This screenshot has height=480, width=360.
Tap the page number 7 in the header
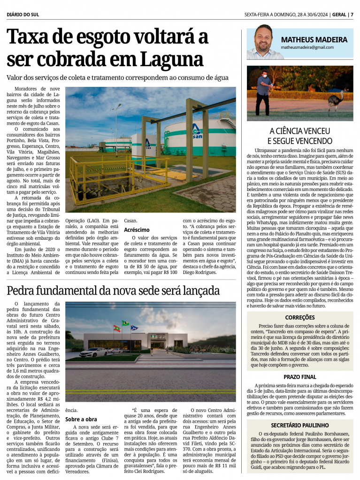pyautogui.click(x=352, y=14)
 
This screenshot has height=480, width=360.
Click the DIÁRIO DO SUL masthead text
pyautogui.click(x=23, y=14)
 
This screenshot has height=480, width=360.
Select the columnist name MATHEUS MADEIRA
pyautogui.click(x=314, y=40)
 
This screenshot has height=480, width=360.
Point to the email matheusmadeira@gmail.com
pyautogui.click(x=307, y=47)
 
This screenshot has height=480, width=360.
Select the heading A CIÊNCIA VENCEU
pyautogui.click(x=300, y=131)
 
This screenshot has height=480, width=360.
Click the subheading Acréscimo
pyautogui.click(x=137, y=230)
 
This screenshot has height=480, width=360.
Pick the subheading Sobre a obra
pyautogui.click(x=81, y=419)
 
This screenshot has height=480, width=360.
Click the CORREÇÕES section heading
pyautogui.click(x=299, y=318)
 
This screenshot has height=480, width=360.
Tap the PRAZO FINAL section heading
pyautogui.click(x=300, y=377)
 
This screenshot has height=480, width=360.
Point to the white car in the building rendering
pyautogui.click(x=94, y=351)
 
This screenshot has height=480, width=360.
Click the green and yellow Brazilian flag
pyautogui.click(x=125, y=324)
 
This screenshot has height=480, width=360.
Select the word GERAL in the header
pyautogui.click(x=337, y=14)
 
